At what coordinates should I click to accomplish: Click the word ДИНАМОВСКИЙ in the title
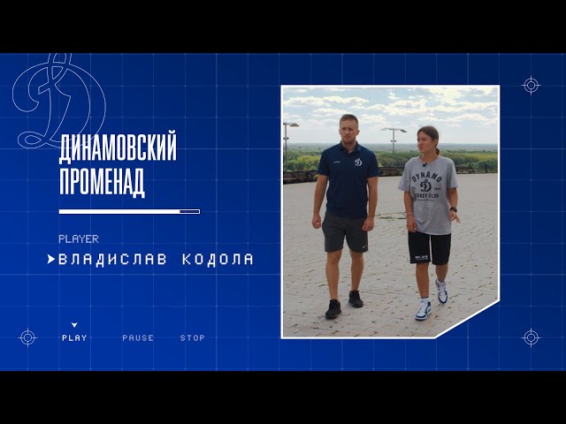click(118, 148)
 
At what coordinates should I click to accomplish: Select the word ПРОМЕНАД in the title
click(103, 181)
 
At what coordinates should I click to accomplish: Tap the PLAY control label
click(74, 337)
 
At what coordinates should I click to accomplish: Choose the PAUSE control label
click(138, 337)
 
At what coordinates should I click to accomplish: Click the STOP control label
click(193, 337)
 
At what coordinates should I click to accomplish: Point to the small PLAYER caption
click(79, 239)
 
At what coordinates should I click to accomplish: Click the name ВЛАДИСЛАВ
click(112, 260)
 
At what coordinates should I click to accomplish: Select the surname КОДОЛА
click(218, 260)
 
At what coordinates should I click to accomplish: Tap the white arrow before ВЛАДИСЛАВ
click(51, 259)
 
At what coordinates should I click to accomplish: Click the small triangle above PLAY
click(74, 325)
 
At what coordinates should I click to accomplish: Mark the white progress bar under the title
click(129, 212)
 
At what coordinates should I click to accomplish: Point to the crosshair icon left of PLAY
click(27, 337)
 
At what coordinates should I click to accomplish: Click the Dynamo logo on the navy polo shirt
click(357, 163)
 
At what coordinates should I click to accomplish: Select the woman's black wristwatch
click(454, 209)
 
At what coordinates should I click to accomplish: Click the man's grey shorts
click(345, 231)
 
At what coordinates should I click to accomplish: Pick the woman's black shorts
click(430, 248)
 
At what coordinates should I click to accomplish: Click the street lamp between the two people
click(394, 140)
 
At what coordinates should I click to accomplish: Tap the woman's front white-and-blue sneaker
click(424, 310)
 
